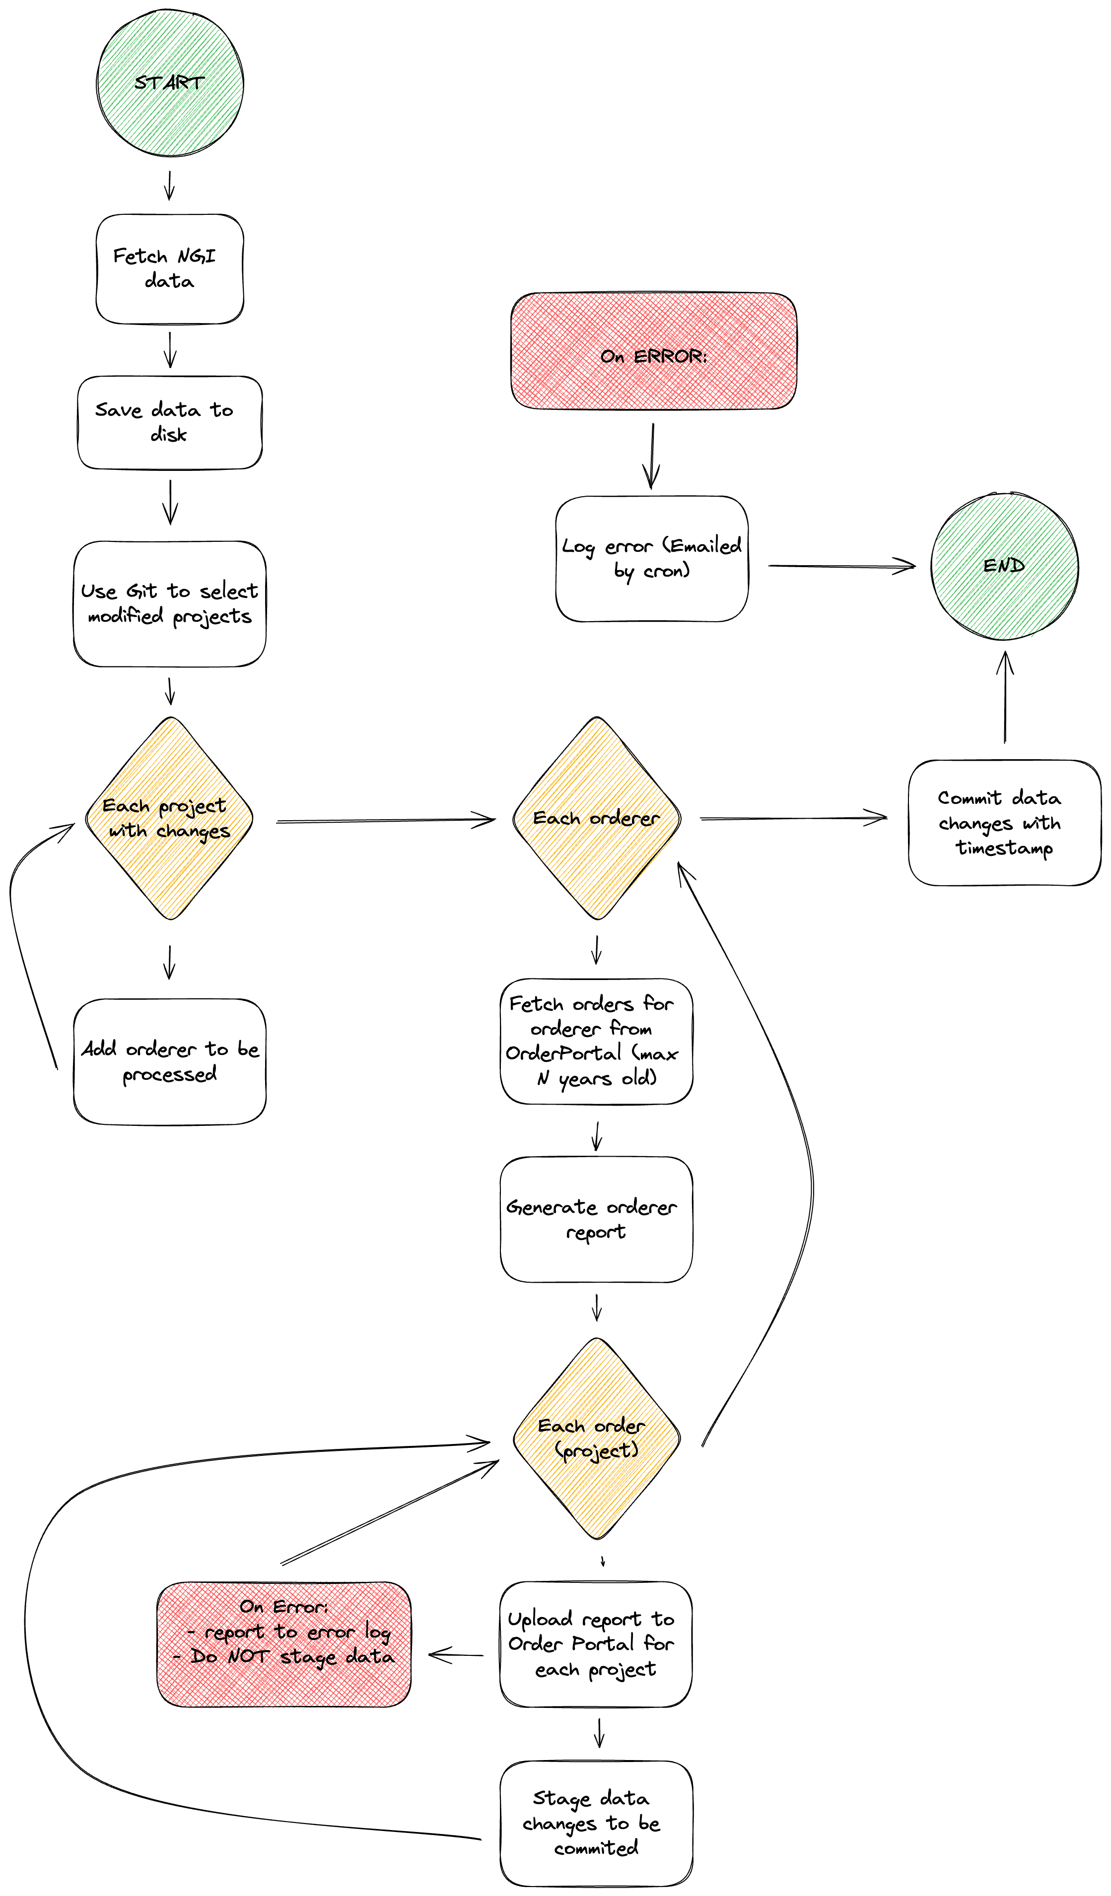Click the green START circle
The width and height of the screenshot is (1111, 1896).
(x=171, y=83)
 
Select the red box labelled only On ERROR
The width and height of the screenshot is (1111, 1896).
(x=653, y=351)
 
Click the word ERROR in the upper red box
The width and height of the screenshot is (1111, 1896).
(x=669, y=357)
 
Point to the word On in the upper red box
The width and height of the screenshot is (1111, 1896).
(x=613, y=357)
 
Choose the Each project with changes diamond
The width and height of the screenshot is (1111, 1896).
(x=170, y=819)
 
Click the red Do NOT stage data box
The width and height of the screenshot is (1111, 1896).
(x=284, y=1645)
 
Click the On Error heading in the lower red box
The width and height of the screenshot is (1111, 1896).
(x=283, y=1607)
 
